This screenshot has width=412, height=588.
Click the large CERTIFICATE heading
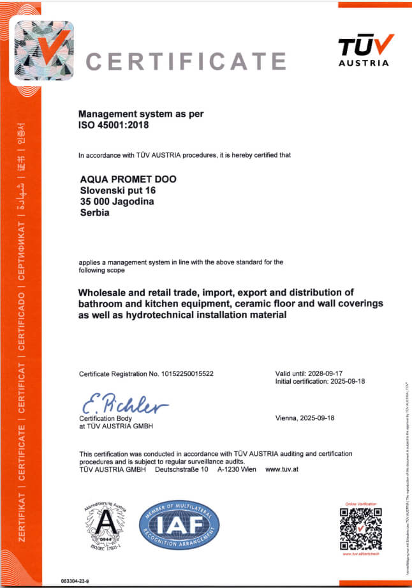click(186, 61)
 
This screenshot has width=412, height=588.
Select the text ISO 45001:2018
click(113, 126)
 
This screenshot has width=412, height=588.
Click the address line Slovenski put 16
click(118, 190)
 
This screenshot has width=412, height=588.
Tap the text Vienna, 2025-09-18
click(305, 418)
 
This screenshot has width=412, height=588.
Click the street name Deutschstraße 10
click(182, 469)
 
